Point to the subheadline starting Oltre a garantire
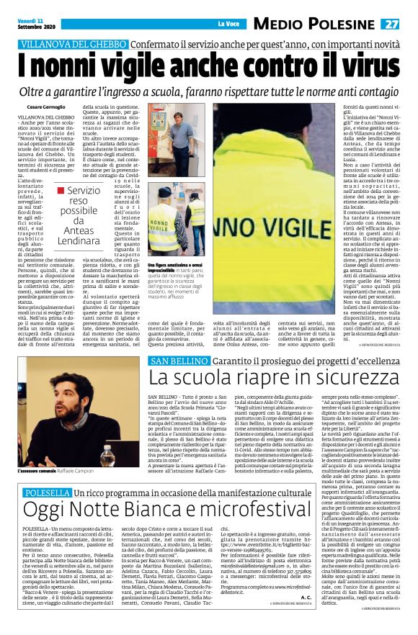209,94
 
